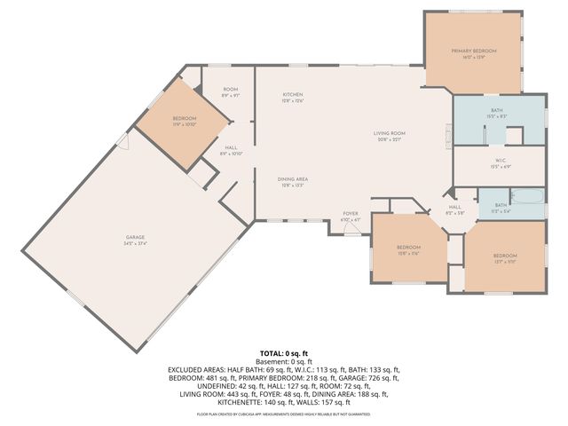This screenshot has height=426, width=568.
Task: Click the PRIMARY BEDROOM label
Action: click(472, 51)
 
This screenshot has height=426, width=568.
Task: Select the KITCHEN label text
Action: click(293, 94)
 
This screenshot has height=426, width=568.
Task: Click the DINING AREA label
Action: click(293, 179)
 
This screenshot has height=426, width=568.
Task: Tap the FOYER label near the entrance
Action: click(351, 214)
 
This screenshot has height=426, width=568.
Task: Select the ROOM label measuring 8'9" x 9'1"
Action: click(230, 90)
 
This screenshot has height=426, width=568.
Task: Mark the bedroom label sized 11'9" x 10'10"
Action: click(185, 118)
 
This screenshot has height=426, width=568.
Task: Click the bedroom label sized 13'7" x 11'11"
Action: click(504, 256)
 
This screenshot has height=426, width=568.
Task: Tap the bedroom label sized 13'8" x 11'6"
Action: click(408, 247)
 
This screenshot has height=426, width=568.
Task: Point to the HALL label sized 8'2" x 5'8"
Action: click(452, 210)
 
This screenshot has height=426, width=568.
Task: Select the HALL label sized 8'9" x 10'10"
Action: click(230, 148)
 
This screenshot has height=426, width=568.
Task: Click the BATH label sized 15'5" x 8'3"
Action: click(497, 110)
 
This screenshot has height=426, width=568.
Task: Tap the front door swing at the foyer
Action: click(352, 229)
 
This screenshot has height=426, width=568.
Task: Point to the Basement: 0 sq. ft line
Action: click(284, 361)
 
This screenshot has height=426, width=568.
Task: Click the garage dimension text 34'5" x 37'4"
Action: click(135, 242)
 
